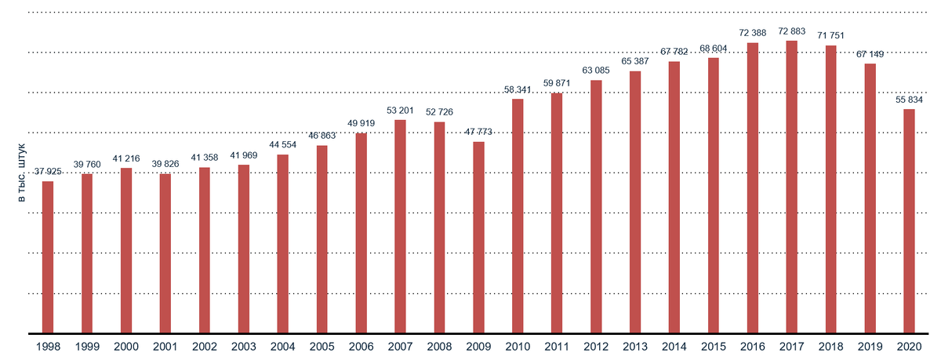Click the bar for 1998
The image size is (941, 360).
[48, 257]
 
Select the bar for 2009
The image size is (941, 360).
[478, 238]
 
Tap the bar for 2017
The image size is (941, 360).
[792, 187]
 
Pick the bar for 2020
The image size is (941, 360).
[909, 221]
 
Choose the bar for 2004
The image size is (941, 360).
[282, 244]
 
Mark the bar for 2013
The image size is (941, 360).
[635, 202]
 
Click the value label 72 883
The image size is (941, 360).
[792, 31]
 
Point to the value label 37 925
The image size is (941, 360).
[48, 172]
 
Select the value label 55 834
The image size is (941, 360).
[909, 100]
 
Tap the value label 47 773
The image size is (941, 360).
[478, 132]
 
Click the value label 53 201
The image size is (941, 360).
[400, 110]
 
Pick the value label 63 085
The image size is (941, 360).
[596, 71]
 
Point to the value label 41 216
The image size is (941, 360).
[126, 158]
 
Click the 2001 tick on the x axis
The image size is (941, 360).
[165, 347]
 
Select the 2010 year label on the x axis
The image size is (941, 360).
[518, 347]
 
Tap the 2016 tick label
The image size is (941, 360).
[753, 347]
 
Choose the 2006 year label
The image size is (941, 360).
[361, 347]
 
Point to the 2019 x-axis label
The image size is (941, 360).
[870, 347]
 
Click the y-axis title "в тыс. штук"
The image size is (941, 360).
[22, 173]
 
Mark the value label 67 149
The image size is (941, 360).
[870, 54]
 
